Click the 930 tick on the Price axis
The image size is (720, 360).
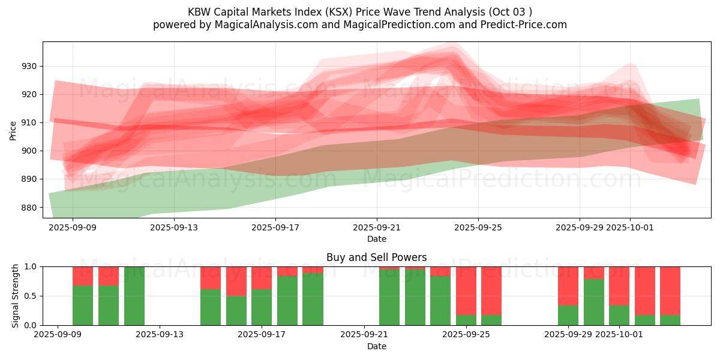click(x=31, y=66)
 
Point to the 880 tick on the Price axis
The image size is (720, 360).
click(x=31, y=208)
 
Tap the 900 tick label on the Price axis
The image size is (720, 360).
click(x=31, y=151)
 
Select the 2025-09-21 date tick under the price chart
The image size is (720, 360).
click(x=377, y=227)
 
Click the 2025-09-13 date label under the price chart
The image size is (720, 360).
click(x=174, y=227)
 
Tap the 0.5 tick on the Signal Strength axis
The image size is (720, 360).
click(x=31, y=296)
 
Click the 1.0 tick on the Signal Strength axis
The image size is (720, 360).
click(x=31, y=266)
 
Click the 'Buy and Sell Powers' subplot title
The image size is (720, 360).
click(x=376, y=257)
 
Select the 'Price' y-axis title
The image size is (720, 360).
click(x=13, y=130)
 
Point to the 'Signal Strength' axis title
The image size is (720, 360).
click(x=16, y=296)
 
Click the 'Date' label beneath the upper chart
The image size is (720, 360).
click(x=377, y=239)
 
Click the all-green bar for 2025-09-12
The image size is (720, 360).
click(x=134, y=296)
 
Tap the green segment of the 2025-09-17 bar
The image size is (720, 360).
click(x=262, y=307)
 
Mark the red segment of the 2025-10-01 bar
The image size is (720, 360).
click(x=619, y=286)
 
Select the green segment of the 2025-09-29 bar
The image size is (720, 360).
click(x=568, y=316)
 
